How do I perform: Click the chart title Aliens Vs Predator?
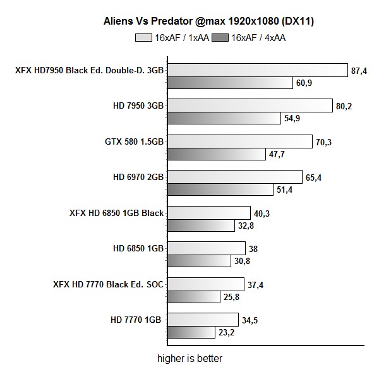209,21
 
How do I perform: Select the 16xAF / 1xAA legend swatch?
143,38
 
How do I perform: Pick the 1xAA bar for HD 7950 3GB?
250,105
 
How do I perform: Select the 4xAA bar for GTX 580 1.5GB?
217,153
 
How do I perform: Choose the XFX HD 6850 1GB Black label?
117,214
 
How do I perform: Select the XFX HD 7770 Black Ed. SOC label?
109,285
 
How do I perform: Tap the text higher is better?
190,359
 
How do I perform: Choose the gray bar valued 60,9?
231,82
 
